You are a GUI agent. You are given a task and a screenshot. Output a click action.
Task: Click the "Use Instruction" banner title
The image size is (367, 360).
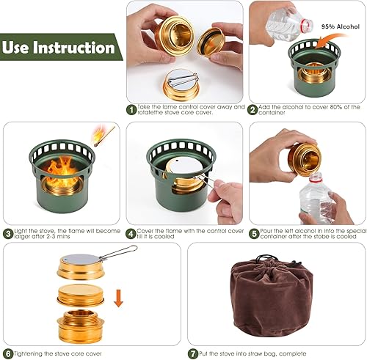[59, 48]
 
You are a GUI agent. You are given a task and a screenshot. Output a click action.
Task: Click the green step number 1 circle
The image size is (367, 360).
[131, 109]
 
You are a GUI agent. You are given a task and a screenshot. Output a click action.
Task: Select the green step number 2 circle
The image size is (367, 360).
[253, 109]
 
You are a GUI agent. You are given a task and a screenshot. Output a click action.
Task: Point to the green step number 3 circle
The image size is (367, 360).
[8, 233]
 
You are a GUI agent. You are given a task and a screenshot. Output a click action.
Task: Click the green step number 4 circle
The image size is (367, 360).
[131, 233]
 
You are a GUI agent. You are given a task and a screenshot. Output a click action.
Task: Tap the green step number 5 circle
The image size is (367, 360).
[253, 233]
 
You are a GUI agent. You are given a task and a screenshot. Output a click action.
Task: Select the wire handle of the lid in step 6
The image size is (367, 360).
[117, 254]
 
